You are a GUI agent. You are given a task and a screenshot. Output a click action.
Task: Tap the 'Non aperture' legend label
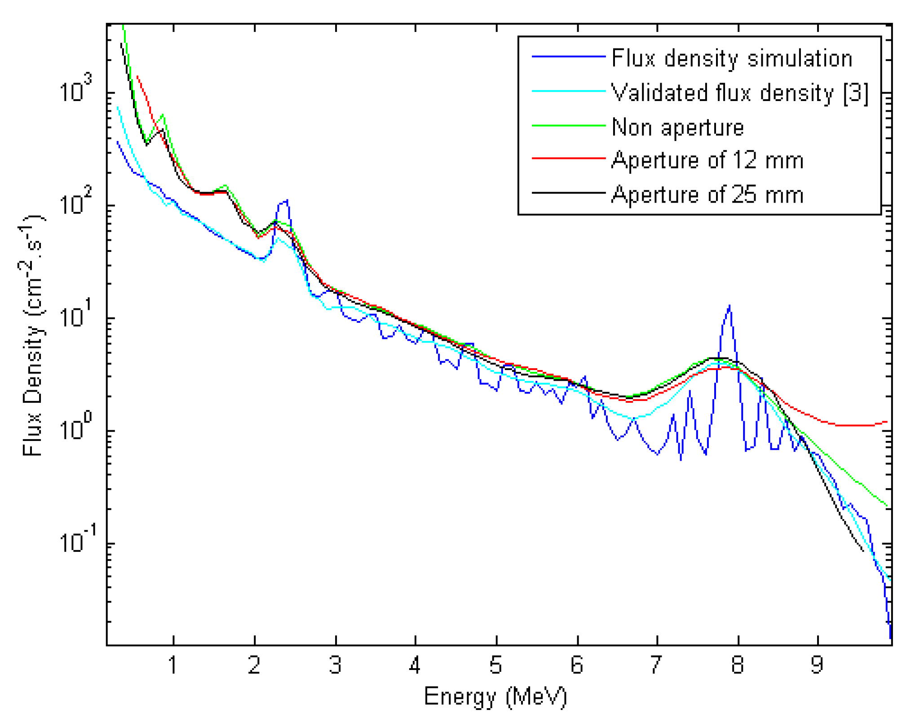pyautogui.click(x=677, y=128)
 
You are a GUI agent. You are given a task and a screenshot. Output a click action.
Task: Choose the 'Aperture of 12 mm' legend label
pyautogui.click(x=707, y=160)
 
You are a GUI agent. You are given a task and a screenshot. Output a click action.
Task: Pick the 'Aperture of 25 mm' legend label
pyautogui.click(x=707, y=195)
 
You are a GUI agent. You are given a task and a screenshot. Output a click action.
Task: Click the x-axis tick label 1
pyautogui.click(x=173, y=665)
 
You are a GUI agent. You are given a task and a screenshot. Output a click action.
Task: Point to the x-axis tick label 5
pyautogui.click(x=495, y=665)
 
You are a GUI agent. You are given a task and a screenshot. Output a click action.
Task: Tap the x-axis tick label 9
pyautogui.click(x=818, y=665)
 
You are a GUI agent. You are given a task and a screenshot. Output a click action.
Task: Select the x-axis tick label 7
pyautogui.click(x=656, y=665)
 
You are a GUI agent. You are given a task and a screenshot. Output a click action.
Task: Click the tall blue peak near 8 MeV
pyautogui.click(x=729, y=306)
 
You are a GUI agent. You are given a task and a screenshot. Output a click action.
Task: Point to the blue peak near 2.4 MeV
pyautogui.click(x=287, y=201)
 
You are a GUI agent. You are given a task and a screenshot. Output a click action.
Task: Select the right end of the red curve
pyautogui.click(x=887, y=422)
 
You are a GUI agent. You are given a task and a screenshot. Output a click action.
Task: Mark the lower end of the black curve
pyautogui.click(x=863, y=551)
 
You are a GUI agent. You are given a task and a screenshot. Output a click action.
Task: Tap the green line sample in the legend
pyautogui.click(x=569, y=126)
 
